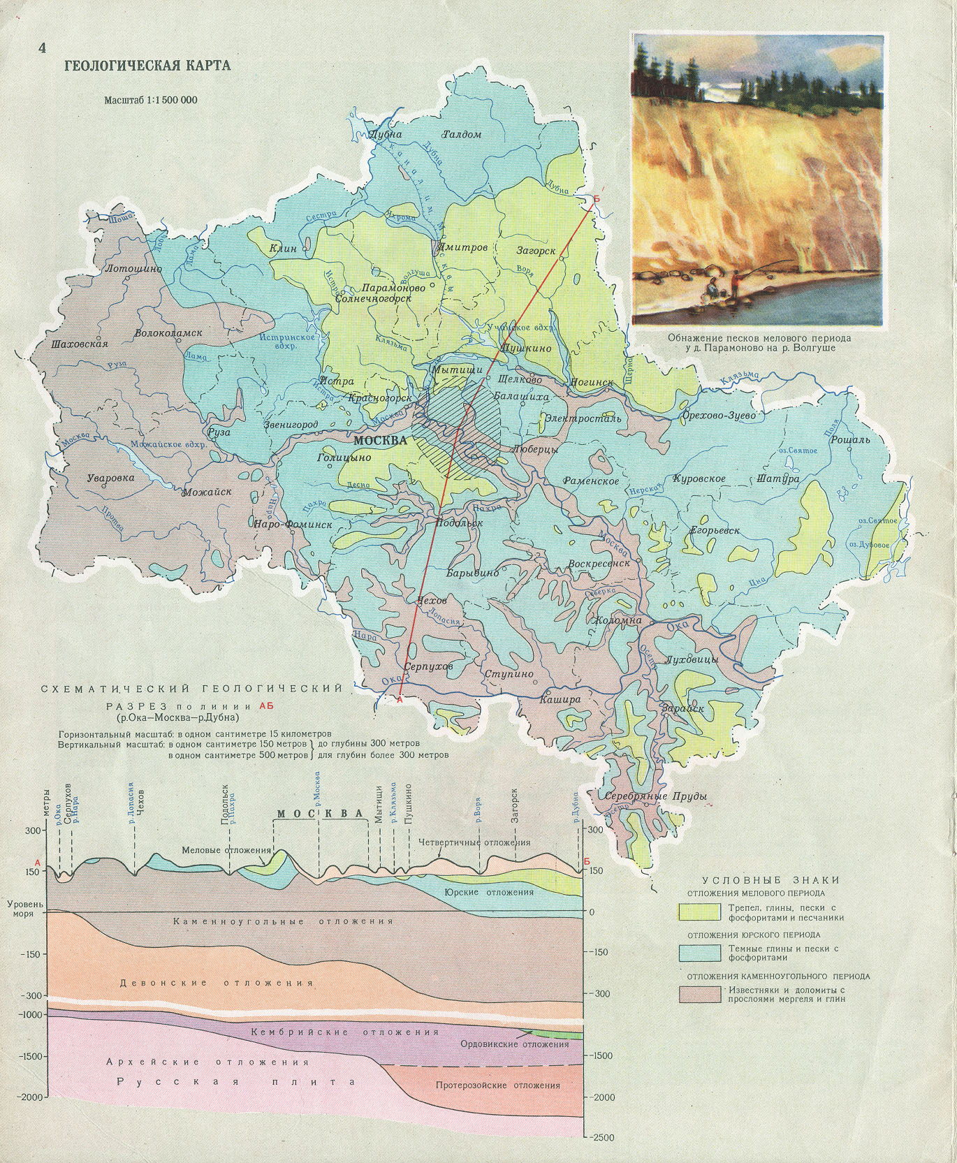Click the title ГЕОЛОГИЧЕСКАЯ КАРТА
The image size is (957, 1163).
click(x=147, y=66)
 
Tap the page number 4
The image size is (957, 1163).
click(x=42, y=48)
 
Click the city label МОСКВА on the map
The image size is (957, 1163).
click(x=381, y=441)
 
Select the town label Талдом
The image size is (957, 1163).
click(x=462, y=134)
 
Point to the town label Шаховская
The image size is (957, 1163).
click(x=80, y=344)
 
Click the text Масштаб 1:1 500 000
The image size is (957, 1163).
click(x=151, y=100)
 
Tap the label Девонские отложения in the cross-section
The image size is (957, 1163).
click(x=217, y=983)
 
